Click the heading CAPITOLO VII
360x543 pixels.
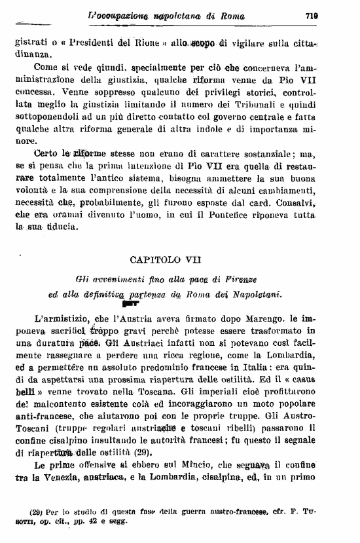180,260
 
